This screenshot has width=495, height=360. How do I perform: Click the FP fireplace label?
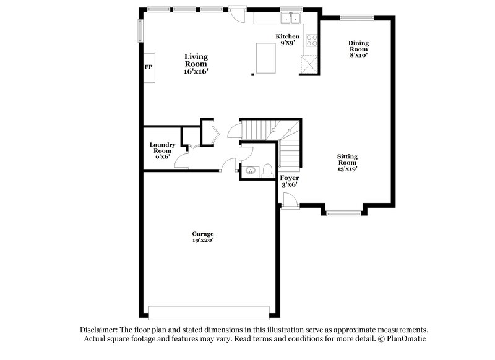click(148, 67)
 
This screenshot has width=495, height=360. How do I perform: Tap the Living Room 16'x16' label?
click(196, 64)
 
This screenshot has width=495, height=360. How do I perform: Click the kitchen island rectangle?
click(267, 58)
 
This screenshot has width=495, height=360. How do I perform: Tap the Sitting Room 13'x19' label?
click(347, 162)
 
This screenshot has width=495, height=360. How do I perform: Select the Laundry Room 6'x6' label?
click(162, 150)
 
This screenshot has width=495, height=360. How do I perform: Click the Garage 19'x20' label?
click(204, 237)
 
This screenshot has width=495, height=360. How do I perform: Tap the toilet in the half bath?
click(266, 169)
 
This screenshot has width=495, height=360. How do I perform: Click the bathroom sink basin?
click(250, 170)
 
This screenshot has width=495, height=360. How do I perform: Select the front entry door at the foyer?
click(289, 200)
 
